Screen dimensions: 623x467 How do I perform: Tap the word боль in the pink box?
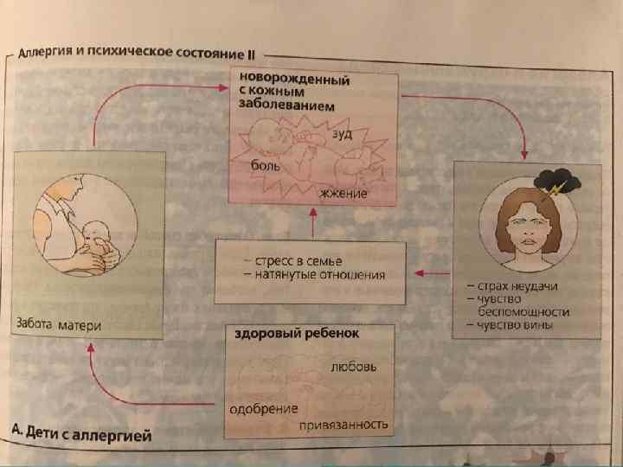(x=265, y=164)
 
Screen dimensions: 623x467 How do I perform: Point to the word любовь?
(x=353, y=367)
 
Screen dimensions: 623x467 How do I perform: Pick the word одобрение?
(x=263, y=407)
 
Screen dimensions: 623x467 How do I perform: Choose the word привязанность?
(x=344, y=425)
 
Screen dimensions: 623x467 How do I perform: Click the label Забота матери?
(x=59, y=325)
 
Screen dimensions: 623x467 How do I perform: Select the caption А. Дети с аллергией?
(x=82, y=434)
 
